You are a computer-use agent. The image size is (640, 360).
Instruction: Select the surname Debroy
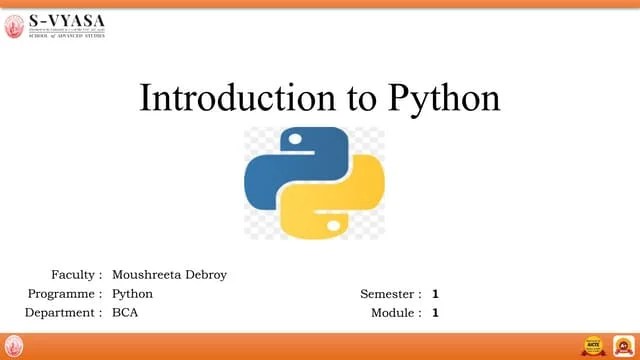point(204,274)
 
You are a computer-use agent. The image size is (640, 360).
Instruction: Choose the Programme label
point(65,294)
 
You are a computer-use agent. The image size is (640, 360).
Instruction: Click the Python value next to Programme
point(132,294)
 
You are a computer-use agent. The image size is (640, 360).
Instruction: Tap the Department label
point(63,313)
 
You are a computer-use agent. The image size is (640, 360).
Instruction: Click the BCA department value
point(126,313)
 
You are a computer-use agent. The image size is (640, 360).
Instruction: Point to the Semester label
point(391,294)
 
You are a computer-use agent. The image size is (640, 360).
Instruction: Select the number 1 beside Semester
point(436,294)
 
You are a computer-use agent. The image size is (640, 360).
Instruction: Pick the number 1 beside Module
point(436,313)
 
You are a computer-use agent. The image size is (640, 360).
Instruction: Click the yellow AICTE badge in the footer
point(595,346)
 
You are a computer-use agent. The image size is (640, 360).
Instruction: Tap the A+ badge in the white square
point(622,346)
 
